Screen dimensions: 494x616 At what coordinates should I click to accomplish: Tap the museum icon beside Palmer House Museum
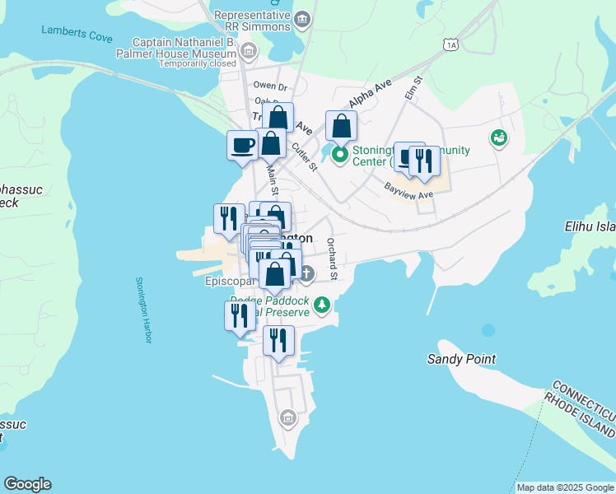click(250, 51)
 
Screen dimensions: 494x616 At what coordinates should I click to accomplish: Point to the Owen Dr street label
click(270, 86)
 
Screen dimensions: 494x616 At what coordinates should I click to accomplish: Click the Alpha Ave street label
click(369, 95)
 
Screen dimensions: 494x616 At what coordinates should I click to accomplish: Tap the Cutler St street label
click(304, 156)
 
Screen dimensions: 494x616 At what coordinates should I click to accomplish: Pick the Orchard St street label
click(332, 256)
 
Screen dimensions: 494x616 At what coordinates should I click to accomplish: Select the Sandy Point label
click(461, 359)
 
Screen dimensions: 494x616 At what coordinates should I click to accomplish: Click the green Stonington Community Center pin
click(339, 154)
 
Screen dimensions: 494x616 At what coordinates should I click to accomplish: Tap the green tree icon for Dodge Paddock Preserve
click(323, 305)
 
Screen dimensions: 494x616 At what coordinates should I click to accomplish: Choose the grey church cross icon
click(306, 273)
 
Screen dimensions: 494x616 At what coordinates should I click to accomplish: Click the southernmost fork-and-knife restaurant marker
click(278, 338)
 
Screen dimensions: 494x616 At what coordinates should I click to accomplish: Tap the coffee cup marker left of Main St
click(243, 145)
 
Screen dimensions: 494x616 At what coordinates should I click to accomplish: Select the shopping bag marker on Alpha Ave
click(340, 126)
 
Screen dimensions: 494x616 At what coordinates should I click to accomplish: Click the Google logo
click(27, 484)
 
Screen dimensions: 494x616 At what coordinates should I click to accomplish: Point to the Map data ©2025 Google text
click(565, 487)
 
